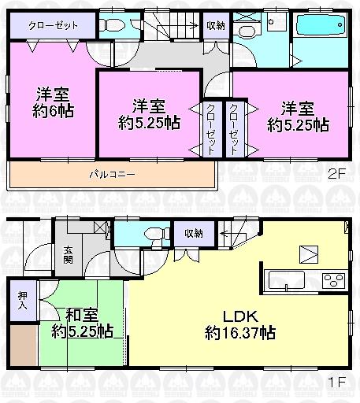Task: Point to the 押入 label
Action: click(23, 301)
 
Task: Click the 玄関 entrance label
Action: click(69, 256)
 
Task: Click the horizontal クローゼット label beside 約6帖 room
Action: click(54, 25)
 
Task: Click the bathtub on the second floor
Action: click(318, 31)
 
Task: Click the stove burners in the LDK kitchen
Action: click(332, 279)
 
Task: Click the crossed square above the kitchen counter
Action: click(306, 254)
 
